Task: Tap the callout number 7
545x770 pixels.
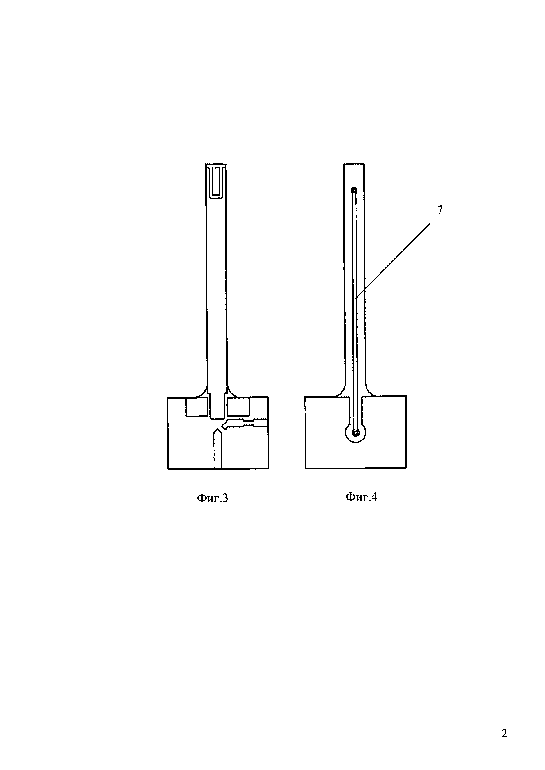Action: pyautogui.click(x=440, y=210)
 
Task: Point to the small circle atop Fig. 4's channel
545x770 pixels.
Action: pyautogui.click(x=354, y=191)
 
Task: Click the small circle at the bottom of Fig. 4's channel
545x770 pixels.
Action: pyautogui.click(x=356, y=433)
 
